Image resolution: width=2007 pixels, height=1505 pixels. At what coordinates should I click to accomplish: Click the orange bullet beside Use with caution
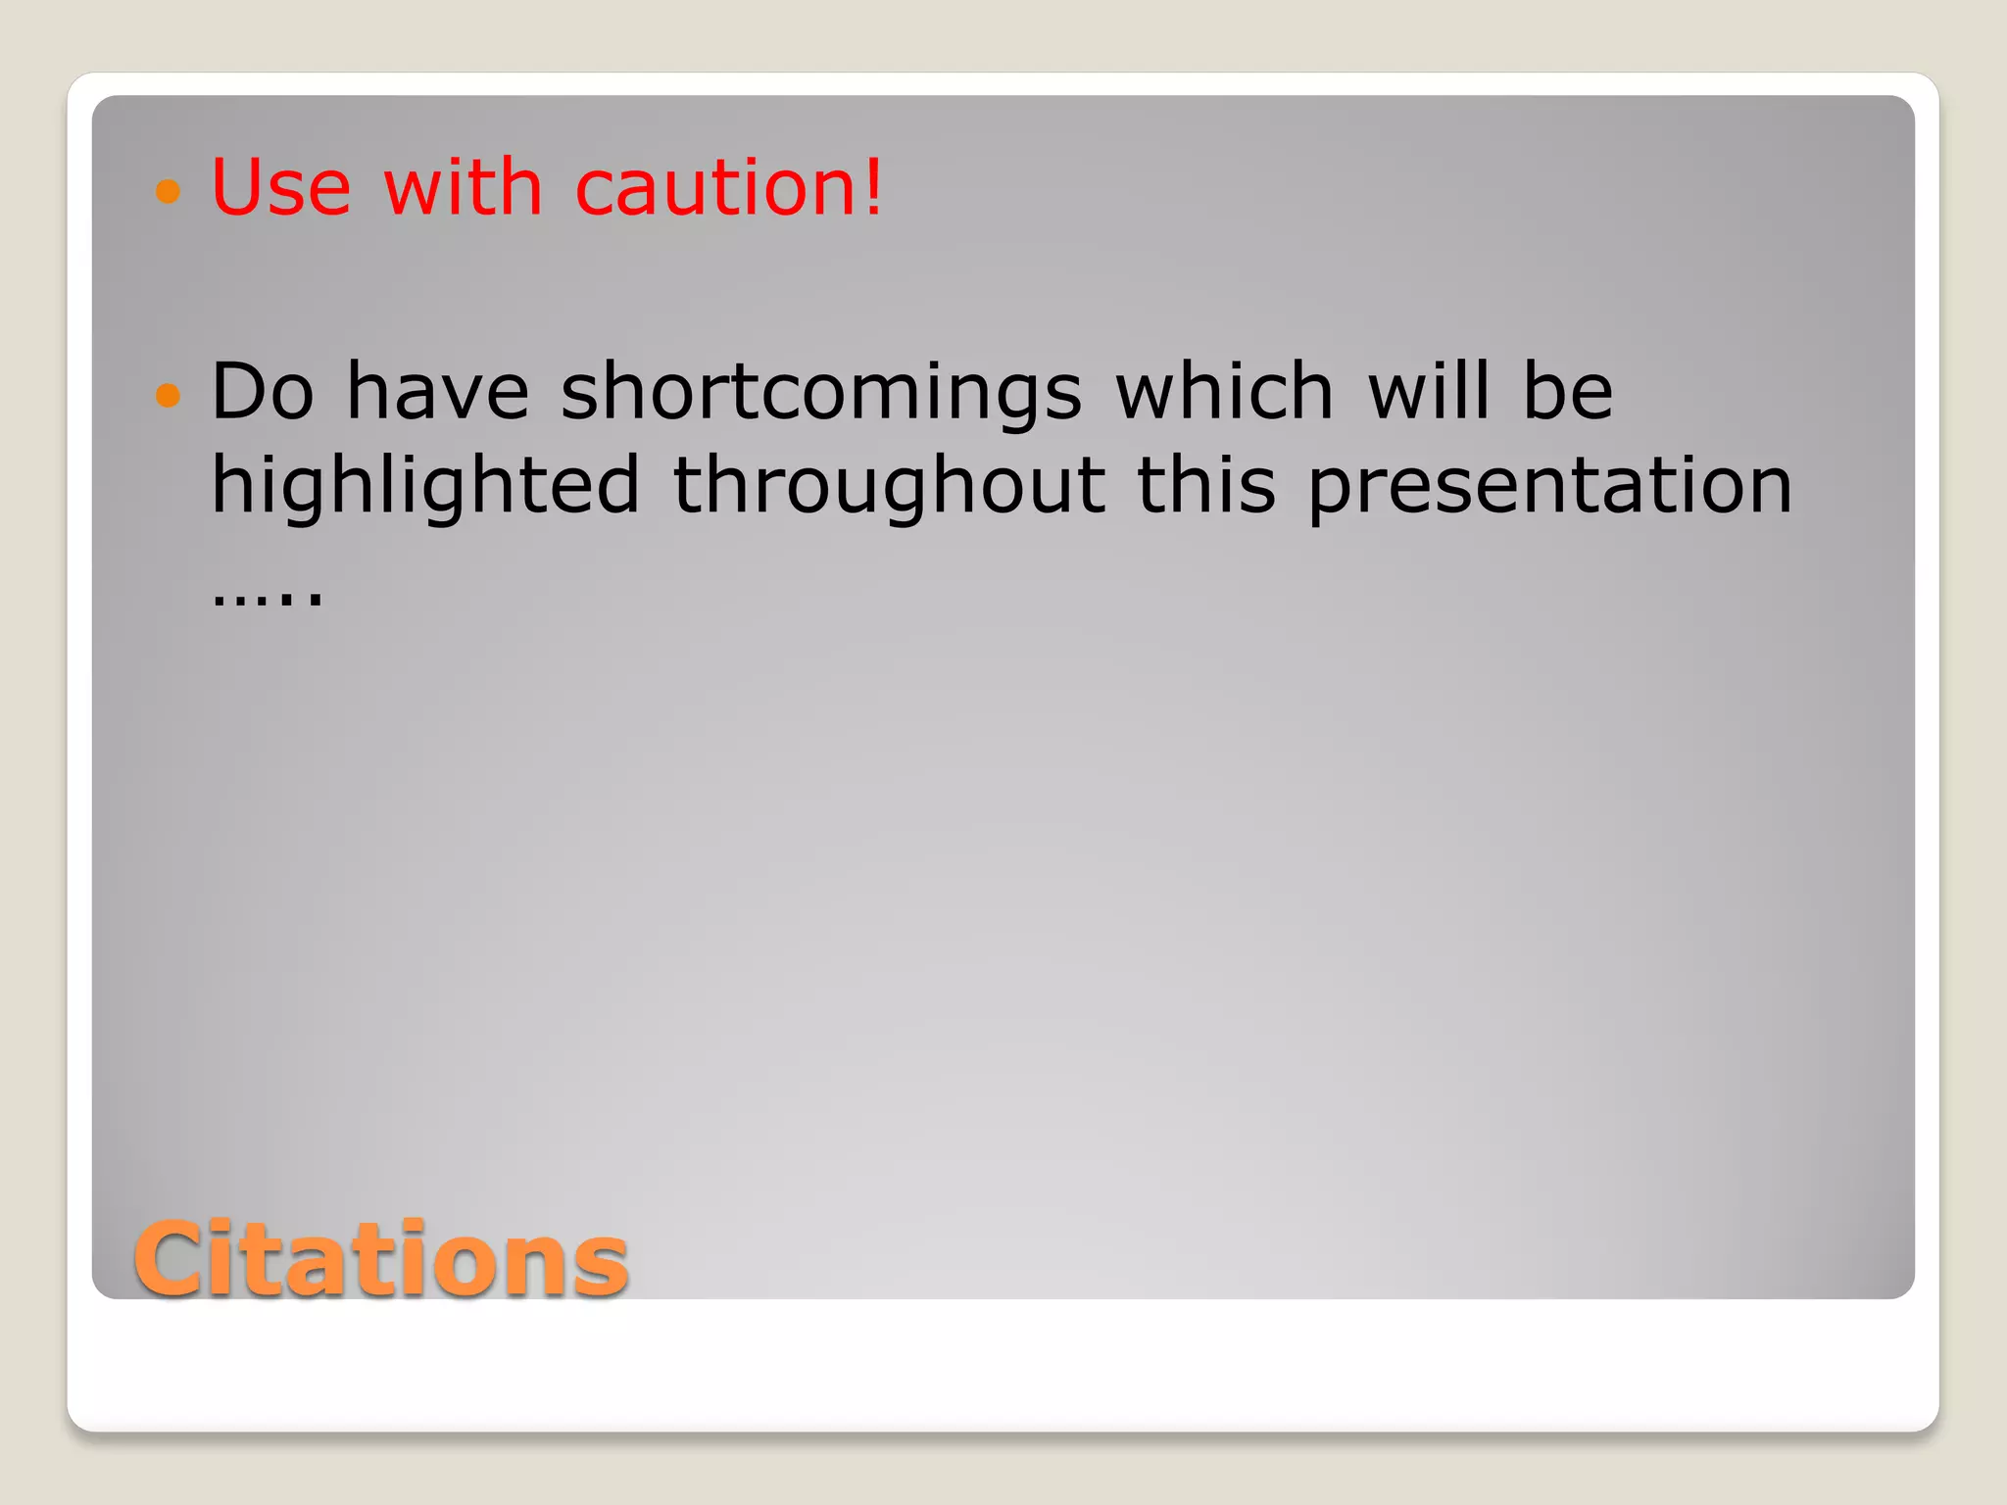coord(169,190)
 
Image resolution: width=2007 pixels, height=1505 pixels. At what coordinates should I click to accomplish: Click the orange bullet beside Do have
coord(169,395)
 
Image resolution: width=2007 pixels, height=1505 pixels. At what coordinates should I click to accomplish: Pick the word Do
coord(262,391)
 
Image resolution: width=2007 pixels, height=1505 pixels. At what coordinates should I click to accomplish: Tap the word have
coord(438,391)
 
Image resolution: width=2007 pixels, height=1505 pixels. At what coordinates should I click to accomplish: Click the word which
coord(1225,391)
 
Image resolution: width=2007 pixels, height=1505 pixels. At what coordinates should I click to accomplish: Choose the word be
coord(1567,391)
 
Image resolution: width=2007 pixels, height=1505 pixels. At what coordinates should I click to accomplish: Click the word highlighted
coord(425,486)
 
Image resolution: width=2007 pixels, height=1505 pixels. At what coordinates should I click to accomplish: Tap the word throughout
coord(889,486)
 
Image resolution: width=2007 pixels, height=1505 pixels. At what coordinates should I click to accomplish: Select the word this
coord(1206,484)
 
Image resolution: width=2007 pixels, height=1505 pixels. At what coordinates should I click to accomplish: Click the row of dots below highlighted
coord(267,599)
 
